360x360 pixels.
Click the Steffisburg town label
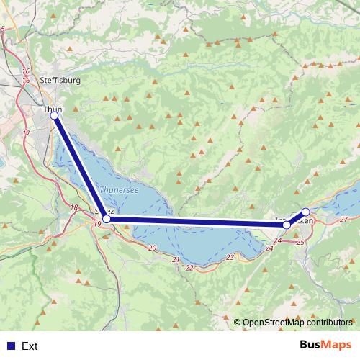point(61,80)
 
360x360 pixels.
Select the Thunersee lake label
point(117,189)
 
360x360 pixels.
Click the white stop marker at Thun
point(54,115)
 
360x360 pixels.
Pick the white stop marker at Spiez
point(107,218)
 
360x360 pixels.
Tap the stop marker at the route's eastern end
point(305,212)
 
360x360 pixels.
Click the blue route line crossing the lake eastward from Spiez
point(194,222)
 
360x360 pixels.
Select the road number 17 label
point(27,134)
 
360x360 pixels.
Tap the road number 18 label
point(74,207)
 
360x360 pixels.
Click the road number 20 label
point(151,248)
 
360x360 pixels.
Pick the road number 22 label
point(189,268)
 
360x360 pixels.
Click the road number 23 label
point(230,257)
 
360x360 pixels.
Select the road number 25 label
point(300,242)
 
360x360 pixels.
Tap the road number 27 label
point(343,219)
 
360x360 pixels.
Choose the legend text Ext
point(30,346)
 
